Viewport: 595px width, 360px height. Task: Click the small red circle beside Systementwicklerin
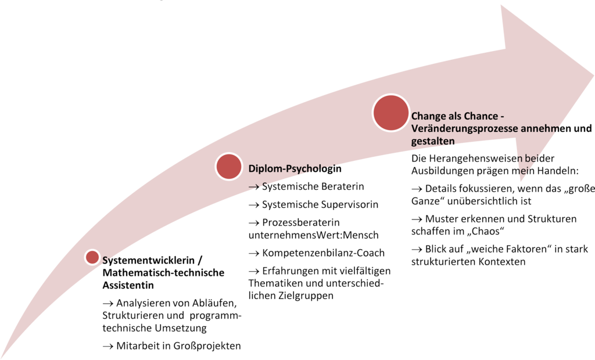(92, 257)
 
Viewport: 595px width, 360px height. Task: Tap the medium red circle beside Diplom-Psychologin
(229, 167)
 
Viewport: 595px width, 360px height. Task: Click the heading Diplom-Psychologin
(292, 169)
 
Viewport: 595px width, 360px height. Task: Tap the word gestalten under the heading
(432, 141)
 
